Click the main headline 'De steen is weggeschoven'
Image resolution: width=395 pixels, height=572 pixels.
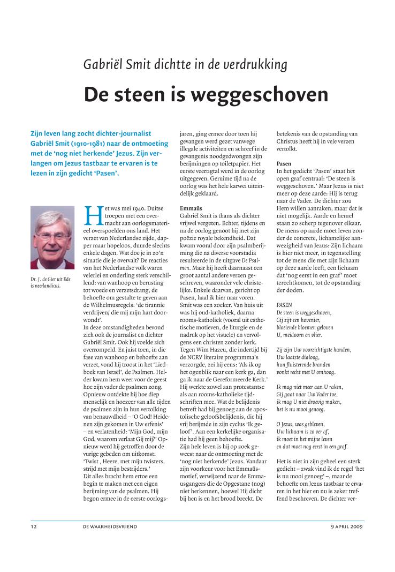[x=206, y=94]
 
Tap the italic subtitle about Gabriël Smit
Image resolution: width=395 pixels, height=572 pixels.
[x=185, y=65]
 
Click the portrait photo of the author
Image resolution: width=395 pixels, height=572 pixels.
[x=52, y=238]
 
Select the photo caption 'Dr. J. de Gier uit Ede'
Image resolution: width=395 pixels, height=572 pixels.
[x=51, y=279]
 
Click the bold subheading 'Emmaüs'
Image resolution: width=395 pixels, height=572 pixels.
[x=189, y=207]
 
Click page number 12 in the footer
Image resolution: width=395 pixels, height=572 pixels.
[x=33, y=527]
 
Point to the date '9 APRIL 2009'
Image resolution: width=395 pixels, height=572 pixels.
[x=347, y=527]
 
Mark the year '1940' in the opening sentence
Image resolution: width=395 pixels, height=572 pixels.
[x=138, y=207]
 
